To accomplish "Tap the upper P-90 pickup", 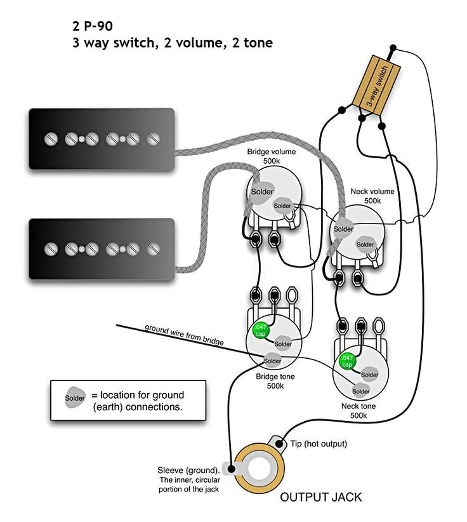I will click(x=102, y=138).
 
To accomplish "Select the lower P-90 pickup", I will click(x=102, y=248).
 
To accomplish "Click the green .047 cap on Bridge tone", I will click(x=261, y=330).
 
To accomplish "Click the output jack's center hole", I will click(x=259, y=472).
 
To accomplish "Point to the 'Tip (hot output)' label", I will click(x=319, y=443).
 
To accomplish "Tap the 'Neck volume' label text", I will click(x=372, y=191).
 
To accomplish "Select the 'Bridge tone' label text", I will click(x=274, y=376).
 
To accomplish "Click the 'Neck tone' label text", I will click(x=358, y=406).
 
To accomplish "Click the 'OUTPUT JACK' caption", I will click(x=321, y=497).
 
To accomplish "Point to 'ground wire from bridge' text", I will click(x=184, y=335).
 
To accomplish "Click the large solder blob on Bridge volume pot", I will click(x=261, y=192).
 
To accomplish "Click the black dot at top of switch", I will click(x=393, y=48).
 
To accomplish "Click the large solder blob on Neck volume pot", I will click(x=343, y=229).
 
